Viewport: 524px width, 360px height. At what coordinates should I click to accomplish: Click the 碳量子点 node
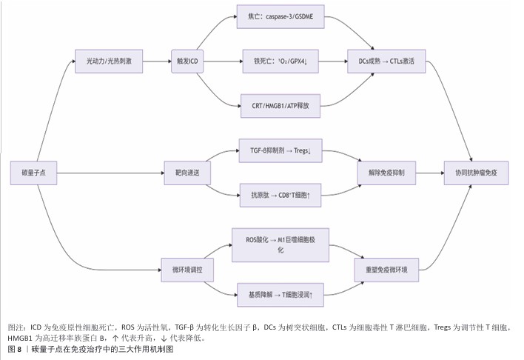pyautogui.click(x=34, y=173)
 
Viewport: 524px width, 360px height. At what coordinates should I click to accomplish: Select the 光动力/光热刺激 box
pyautogui.click(x=109, y=60)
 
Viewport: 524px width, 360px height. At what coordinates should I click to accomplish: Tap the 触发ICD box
pyautogui.click(x=187, y=60)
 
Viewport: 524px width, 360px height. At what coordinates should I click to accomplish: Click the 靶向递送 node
pyautogui.click(x=187, y=173)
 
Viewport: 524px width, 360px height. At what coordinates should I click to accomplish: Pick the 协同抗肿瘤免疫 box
pyautogui.click(x=477, y=173)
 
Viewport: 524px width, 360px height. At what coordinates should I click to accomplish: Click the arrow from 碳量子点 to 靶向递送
pyautogui.click(x=111, y=173)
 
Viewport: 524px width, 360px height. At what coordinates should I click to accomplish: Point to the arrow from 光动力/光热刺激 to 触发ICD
pyautogui.click(x=155, y=60)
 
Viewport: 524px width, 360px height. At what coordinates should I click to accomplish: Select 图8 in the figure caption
pyautogui.click(x=15, y=348)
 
